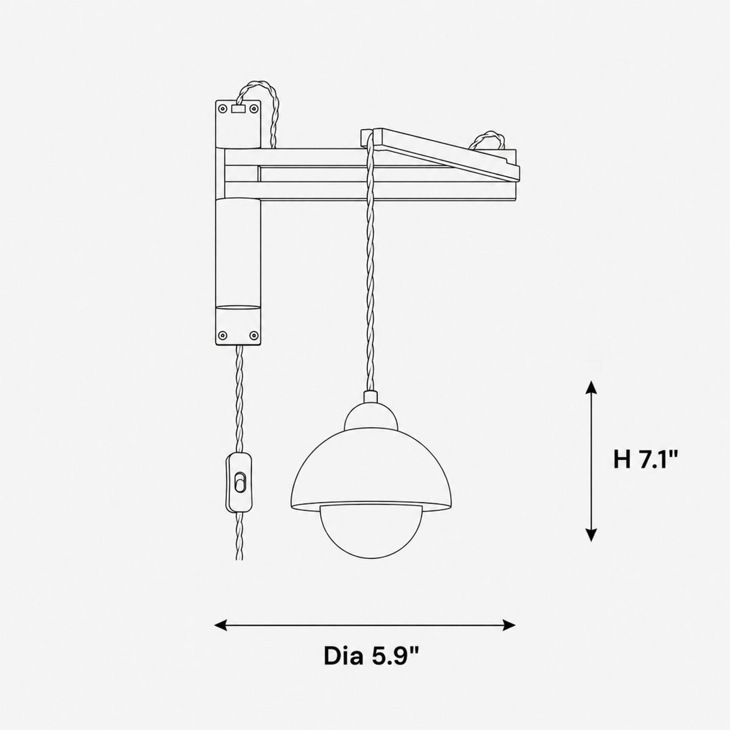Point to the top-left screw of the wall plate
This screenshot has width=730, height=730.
point(223,109)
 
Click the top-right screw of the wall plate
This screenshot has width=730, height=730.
point(254,109)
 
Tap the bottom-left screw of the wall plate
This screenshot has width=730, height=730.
point(223,335)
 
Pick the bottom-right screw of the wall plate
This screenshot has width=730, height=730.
point(254,335)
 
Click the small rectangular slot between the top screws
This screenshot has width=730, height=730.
point(238,109)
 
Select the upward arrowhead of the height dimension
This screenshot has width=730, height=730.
point(591,388)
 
